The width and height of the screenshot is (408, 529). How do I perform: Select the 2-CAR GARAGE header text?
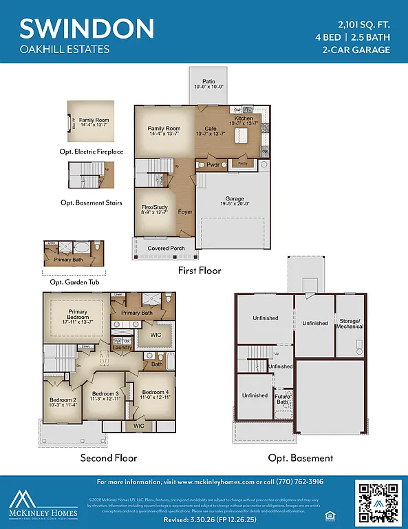point(356,50)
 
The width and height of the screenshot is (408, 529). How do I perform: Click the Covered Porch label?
point(165,248)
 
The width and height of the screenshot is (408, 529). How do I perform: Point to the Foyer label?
point(185,212)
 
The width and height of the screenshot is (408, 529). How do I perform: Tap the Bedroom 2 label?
point(63,402)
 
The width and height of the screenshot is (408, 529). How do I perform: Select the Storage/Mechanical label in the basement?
point(350,323)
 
